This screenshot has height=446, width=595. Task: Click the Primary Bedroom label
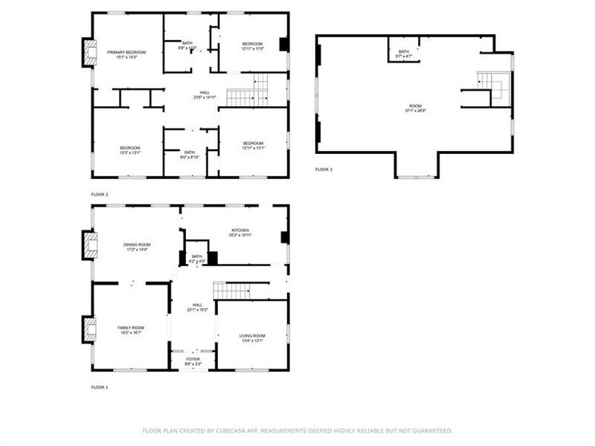(126, 52)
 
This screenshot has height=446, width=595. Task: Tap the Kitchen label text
(241, 231)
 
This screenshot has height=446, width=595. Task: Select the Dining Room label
(137, 244)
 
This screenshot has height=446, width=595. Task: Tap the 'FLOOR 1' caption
(99, 388)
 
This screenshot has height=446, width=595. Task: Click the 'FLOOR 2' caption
(99, 195)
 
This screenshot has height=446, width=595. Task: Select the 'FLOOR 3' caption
(324, 169)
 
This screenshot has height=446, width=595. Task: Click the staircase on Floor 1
(240, 290)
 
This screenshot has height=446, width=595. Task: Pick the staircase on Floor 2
(247, 97)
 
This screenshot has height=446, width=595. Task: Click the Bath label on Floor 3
(403, 52)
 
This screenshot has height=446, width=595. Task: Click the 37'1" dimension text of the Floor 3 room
(409, 111)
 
